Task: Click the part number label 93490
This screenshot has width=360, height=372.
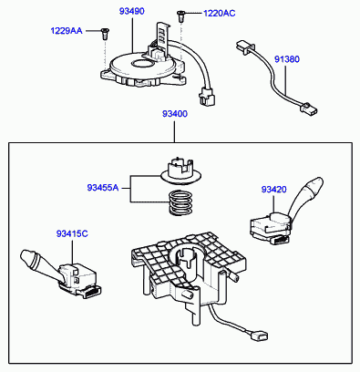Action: [x=131, y=11]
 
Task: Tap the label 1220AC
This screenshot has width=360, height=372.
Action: [x=219, y=14]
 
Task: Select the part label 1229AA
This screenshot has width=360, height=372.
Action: [x=67, y=31]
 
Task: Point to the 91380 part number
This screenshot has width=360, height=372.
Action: [x=287, y=59]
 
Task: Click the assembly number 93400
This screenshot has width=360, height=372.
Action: [x=175, y=114]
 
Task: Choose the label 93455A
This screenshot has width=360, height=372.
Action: [x=103, y=188]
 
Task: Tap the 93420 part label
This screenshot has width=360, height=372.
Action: [x=273, y=190]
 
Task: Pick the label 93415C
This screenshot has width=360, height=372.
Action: [x=72, y=233]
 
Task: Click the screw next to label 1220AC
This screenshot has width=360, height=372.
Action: [x=180, y=16]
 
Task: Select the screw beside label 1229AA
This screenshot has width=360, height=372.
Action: [x=105, y=34]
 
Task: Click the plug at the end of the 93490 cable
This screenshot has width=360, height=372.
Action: [x=207, y=96]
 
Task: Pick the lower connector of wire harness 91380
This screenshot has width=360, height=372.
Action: [x=309, y=108]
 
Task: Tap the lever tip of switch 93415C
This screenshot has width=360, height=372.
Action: [x=30, y=260]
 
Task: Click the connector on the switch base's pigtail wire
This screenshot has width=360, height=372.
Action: [x=259, y=336]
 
